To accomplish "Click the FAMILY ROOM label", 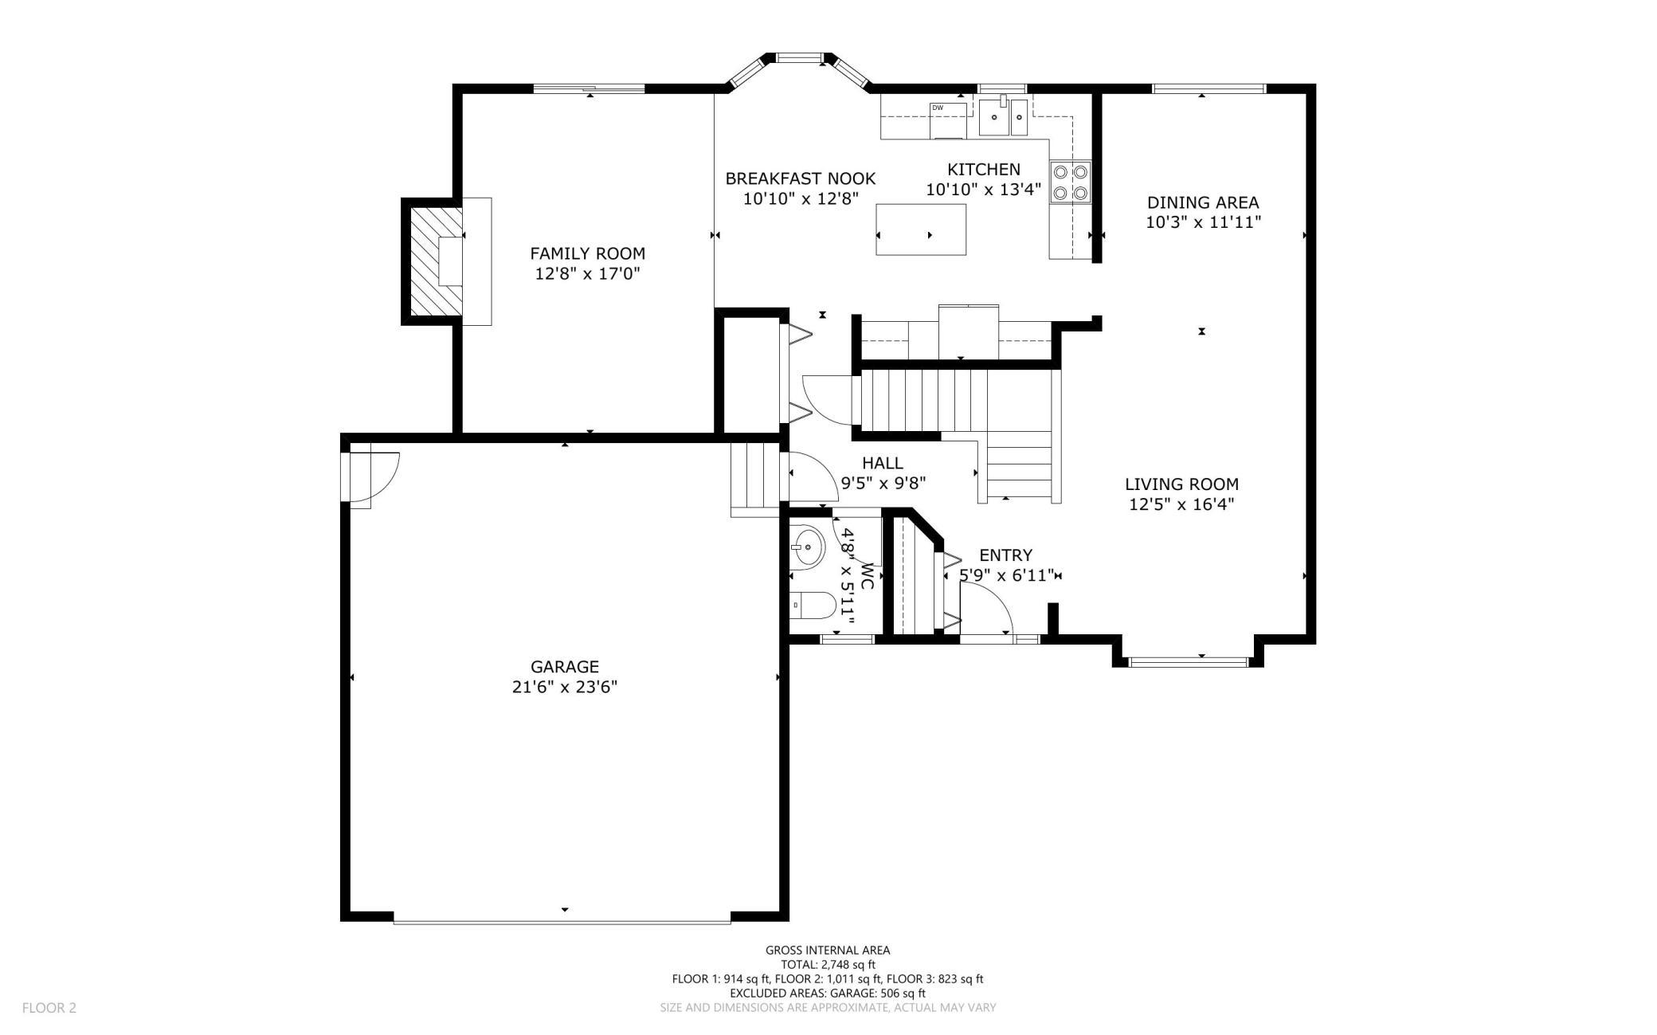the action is (x=587, y=253).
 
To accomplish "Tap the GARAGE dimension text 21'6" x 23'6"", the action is (x=565, y=687).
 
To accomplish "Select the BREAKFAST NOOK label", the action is (x=800, y=178).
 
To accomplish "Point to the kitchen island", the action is (x=921, y=229).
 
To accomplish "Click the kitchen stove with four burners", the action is (x=1071, y=182).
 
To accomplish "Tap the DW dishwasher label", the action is (x=938, y=108).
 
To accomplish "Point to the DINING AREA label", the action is (x=1203, y=202).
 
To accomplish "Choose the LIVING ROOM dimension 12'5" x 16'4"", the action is (x=1181, y=504).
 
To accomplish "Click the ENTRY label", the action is (x=1005, y=555).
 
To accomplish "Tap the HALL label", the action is (x=883, y=463).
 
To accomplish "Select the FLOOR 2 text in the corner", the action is (x=49, y=1008).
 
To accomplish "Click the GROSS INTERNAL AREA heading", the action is (x=828, y=950).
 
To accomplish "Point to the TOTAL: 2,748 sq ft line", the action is (x=828, y=964).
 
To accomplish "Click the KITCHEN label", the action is (x=983, y=169).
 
